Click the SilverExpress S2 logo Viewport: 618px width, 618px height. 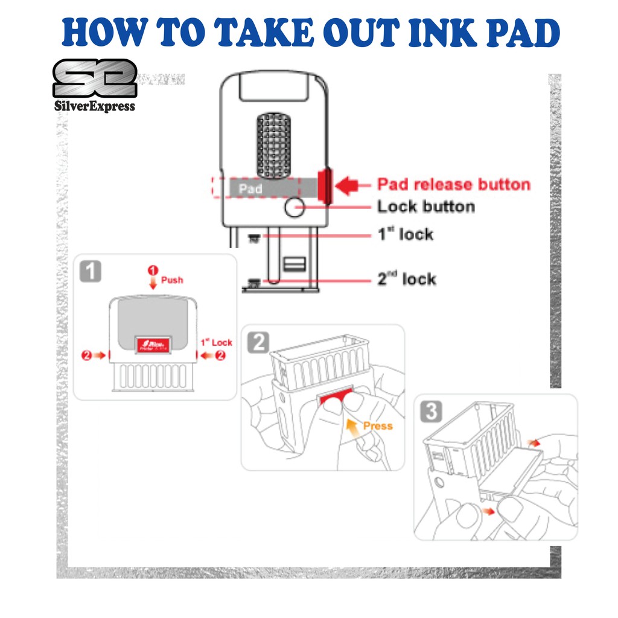point(94,79)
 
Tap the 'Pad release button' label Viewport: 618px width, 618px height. point(453,185)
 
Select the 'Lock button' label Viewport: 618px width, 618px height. point(426,207)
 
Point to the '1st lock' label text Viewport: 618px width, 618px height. point(405,234)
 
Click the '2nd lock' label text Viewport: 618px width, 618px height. point(406,279)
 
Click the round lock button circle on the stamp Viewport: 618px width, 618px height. point(294,208)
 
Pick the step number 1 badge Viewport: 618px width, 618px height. point(90,271)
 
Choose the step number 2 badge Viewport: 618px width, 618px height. point(259,342)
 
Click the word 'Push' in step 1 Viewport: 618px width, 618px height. point(172,280)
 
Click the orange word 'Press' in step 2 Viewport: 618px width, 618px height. point(378,426)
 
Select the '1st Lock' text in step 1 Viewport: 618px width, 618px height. point(216,343)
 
